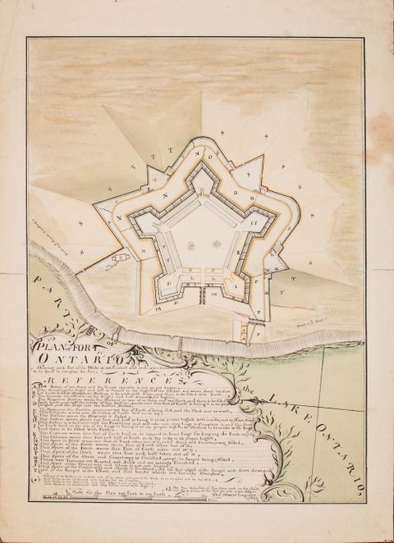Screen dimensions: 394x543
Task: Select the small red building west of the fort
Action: point(117,261)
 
